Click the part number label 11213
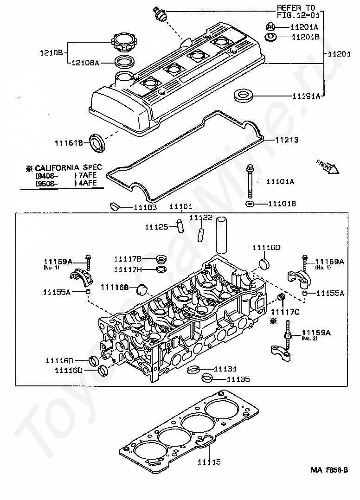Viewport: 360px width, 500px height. (287, 140)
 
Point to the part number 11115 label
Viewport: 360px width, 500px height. (209, 462)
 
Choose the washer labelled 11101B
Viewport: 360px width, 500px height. (250, 204)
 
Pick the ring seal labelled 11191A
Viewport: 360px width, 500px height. (242, 96)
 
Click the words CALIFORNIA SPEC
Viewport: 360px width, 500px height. (68, 167)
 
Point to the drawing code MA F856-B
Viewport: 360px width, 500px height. (329, 470)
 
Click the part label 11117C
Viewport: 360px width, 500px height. (285, 312)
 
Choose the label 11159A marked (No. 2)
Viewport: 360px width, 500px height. (316, 333)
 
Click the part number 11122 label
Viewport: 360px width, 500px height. (201, 218)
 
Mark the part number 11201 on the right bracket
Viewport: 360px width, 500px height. (339, 54)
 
